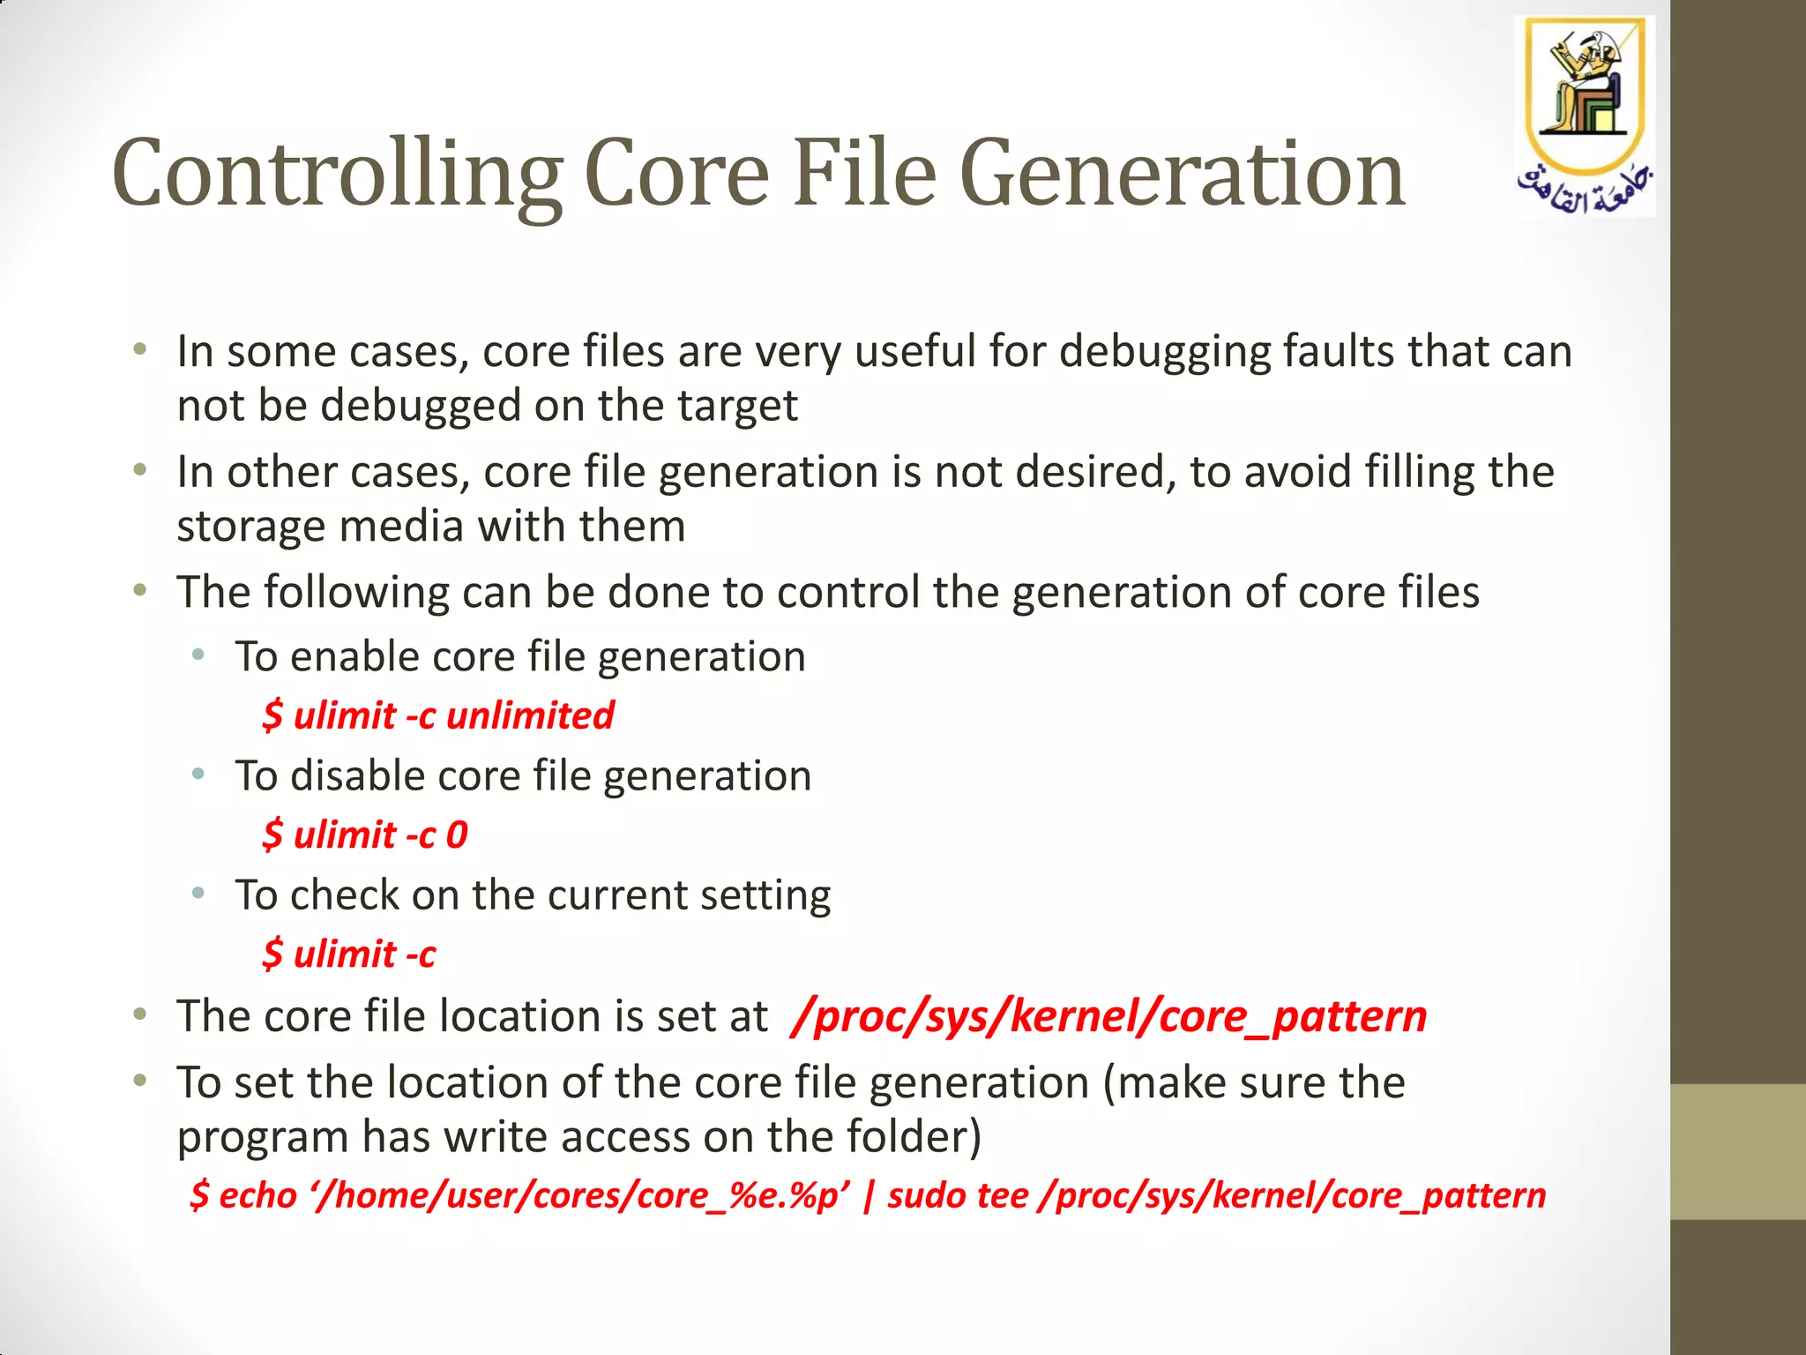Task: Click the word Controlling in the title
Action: click(337, 175)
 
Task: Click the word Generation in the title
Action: click(1181, 175)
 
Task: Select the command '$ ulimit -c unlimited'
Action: click(437, 715)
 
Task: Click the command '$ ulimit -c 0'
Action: click(364, 835)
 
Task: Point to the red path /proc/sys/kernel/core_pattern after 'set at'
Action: click(1109, 1016)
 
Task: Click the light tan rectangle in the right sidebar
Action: click(1737, 1151)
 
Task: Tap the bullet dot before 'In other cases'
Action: click(139, 470)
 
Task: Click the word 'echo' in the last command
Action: click(257, 1196)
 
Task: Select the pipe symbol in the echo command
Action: click(869, 1196)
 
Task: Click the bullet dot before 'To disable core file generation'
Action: click(198, 775)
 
